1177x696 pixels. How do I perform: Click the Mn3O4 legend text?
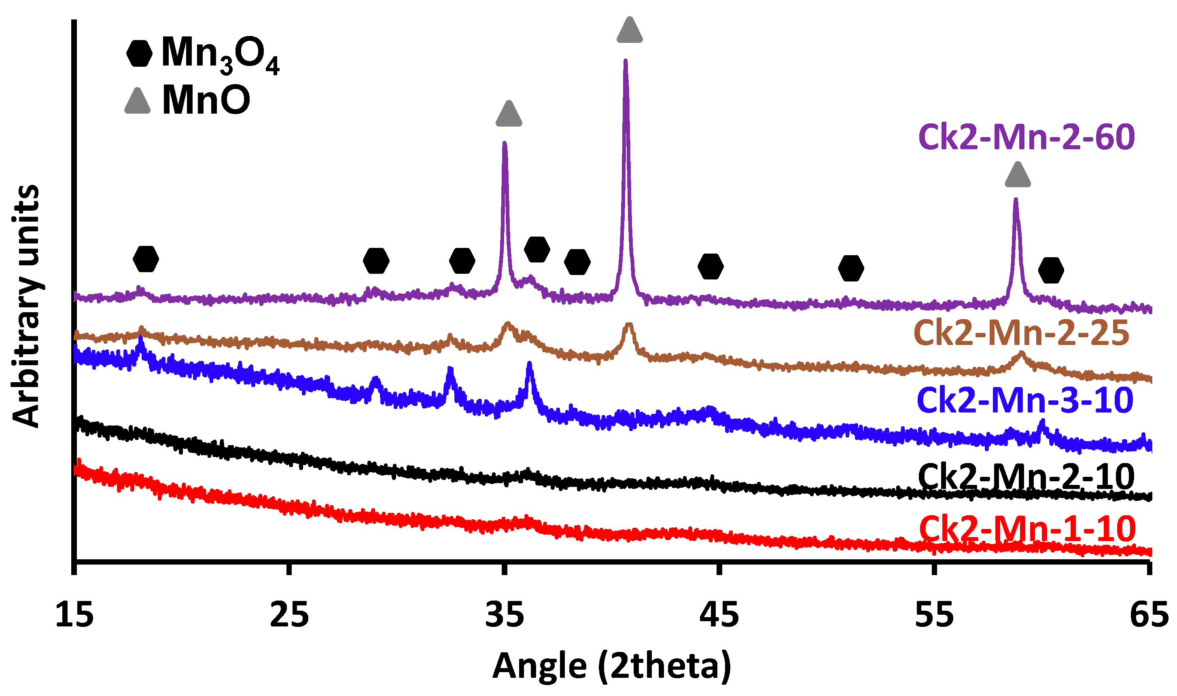point(220,55)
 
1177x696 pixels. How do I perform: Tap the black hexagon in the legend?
point(139,53)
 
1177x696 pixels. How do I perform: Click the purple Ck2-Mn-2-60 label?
point(1026,138)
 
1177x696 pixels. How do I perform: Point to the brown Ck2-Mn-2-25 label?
point(1022,334)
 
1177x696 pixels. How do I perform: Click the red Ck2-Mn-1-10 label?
point(1027,529)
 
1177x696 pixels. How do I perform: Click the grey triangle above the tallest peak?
point(630,30)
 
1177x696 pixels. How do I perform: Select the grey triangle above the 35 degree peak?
point(509,114)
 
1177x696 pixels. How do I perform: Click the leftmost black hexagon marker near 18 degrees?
point(146,258)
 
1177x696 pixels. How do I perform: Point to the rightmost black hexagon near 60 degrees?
point(1051,271)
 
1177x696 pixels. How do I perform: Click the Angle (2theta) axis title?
point(611,666)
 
